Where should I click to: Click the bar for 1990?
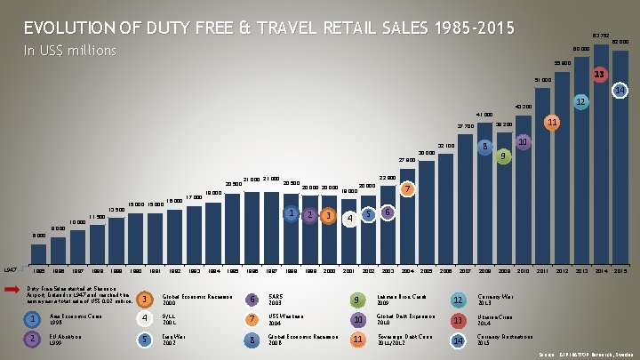click(135, 236)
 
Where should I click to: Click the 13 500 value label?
click(116, 209)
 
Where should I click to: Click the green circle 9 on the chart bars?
click(504, 156)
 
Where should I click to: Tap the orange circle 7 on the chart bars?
click(406, 189)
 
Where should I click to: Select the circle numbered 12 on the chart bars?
click(581, 103)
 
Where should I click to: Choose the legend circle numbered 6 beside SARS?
click(254, 298)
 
